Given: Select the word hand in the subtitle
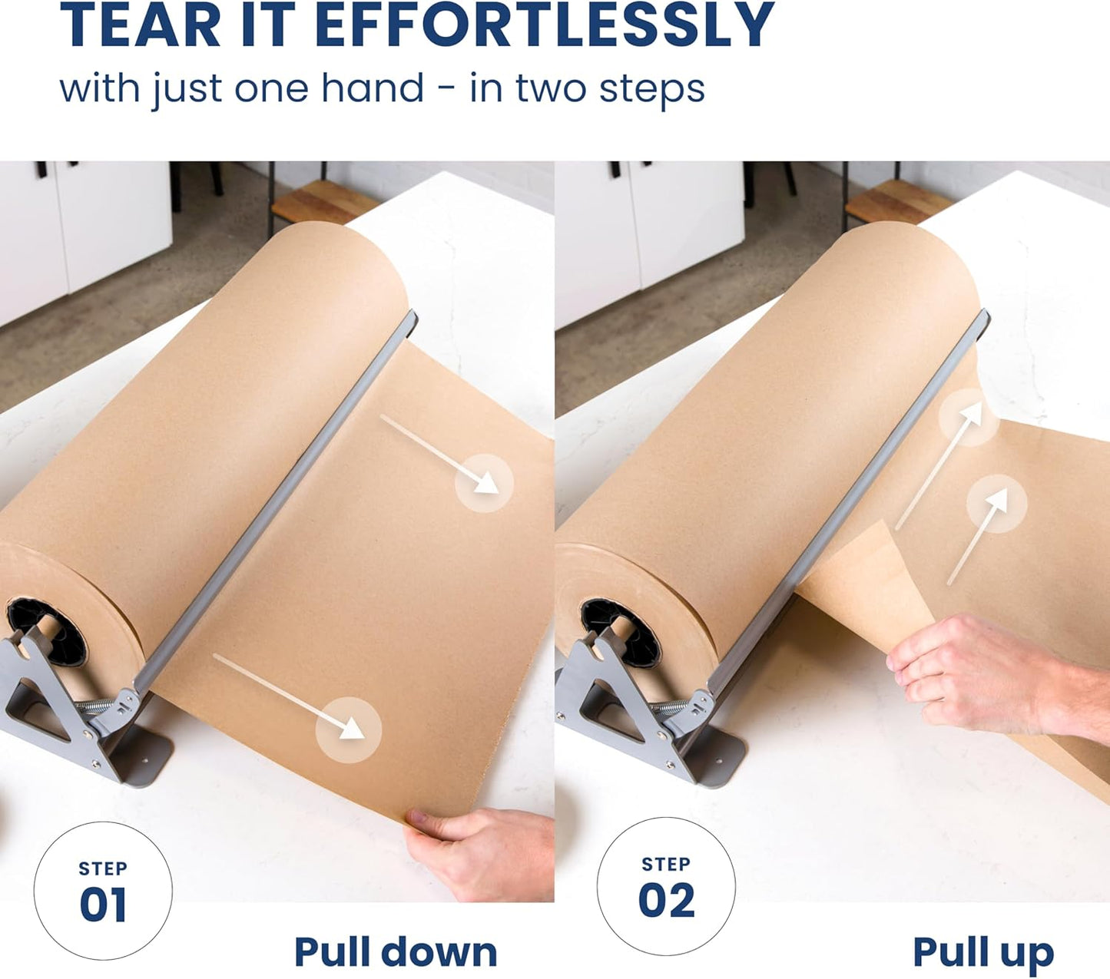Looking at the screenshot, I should [x=372, y=88].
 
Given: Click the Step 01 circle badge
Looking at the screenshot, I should [x=103, y=891].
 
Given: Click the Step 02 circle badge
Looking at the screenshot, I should [x=666, y=886].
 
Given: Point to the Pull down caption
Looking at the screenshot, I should [x=396, y=952].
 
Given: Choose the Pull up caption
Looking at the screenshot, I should [x=983, y=953].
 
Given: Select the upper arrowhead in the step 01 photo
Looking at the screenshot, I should [x=486, y=482].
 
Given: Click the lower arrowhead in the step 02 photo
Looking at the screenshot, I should [x=997, y=501].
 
